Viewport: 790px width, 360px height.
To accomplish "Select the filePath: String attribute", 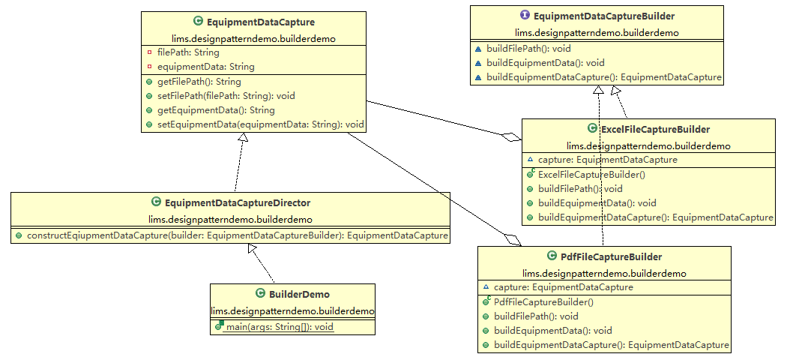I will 188,52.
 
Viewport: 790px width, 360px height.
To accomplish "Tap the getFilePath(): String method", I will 199,82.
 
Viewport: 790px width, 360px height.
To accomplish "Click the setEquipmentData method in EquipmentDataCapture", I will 260,124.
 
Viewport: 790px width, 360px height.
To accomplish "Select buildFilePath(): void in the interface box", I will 528,49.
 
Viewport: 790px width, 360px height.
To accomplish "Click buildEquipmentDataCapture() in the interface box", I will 603,77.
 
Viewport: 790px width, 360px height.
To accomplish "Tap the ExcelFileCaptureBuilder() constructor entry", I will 591,174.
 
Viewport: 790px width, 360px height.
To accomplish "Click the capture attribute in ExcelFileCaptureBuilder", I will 607,160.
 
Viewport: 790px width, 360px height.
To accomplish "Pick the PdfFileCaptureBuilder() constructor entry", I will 543,302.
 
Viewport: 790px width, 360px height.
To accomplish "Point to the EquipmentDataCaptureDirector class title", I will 237,202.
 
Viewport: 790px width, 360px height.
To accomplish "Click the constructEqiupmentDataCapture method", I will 237,235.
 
